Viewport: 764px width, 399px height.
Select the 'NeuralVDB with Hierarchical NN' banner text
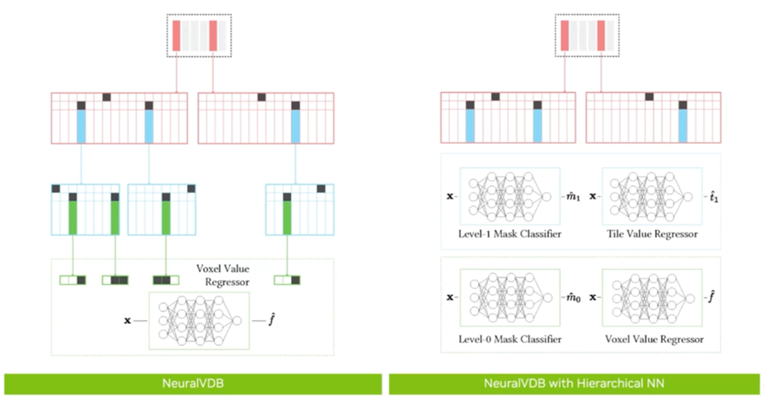[574, 384]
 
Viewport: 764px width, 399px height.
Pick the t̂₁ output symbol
[715, 197]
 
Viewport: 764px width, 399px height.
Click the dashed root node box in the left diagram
[199, 36]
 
